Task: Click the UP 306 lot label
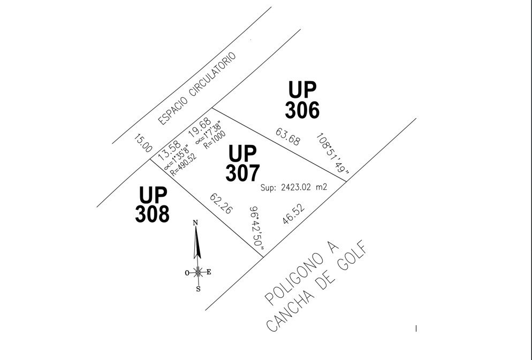pyautogui.click(x=302, y=100)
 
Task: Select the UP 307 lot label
pyautogui.click(x=242, y=163)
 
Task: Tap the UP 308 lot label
pyautogui.click(x=152, y=204)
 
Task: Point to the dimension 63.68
pyautogui.click(x=288, y=136)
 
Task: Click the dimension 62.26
pyautogui.click(x=221, y=203)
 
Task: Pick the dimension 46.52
pyautogui.click(x=293, y=213)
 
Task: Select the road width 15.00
pyautogui.click(x=143, y=143)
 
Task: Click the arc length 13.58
pyautogui.click(x=169, y=150)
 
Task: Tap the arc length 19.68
pyautogui.click(x=200, y=127)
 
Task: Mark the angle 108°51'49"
pyautogui.click(x=332, y=153)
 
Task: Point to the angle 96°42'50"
pyautogui.click(x=257, y=232)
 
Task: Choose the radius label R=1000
pyautogui.click(x=215, y=140)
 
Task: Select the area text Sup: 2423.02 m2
pyautogui.click(x=294, y=187)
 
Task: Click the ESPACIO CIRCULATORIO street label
pyautogui.click(x=197, y=88)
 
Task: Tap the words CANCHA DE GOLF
pyautogui.click(x=317, y=286)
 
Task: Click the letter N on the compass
pyautogui.click(x=195, y=223)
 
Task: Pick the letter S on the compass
pyautogui.click(x=198, y=289)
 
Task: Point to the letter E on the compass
pyautogui.click(x=209, y=272)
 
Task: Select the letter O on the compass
pyautogui.click(x=187, y=273)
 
